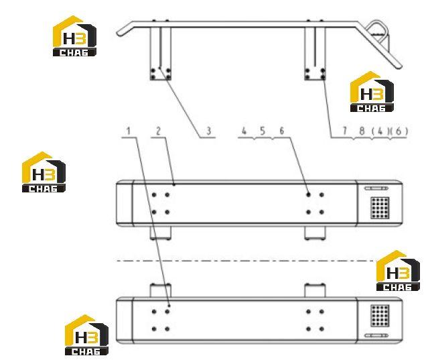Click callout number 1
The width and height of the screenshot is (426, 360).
point(129,131)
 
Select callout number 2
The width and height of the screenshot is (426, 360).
point(158,131)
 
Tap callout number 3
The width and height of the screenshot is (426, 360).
point(209,131)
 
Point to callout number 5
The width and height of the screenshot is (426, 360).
point(263,131)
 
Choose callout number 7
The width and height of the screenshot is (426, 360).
point(345,131)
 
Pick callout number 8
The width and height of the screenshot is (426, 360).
point(362,131)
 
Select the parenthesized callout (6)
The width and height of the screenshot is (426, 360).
point(399,131)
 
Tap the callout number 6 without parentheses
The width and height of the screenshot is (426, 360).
point(282,131)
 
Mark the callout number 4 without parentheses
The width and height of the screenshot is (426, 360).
point(244,131)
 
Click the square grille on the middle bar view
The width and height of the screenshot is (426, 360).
point(380,208)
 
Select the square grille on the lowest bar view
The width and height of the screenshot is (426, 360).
point(380,316)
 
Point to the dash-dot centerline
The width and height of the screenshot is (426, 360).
point(246,261)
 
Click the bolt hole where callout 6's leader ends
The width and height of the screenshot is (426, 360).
point(308,194)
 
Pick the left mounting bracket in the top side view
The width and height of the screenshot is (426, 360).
point(161,53)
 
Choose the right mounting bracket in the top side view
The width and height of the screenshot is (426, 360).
point(315,53)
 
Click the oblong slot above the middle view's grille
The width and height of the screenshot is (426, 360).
point(376,188)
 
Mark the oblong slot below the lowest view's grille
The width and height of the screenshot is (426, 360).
point(376,335)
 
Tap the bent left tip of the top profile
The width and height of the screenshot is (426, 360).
point(119,33)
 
